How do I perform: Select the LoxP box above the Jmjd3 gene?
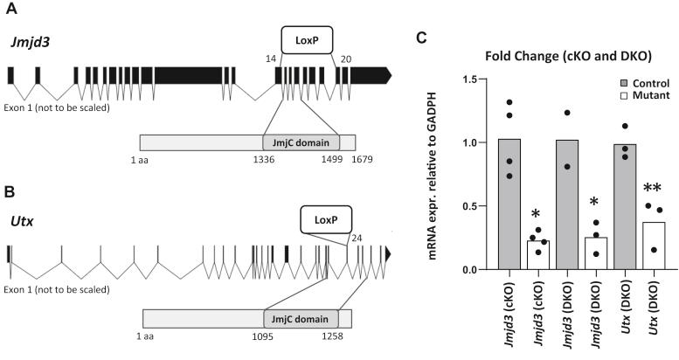(307, 38)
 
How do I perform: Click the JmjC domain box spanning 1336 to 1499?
(297, 142)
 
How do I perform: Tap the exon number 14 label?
(271, 57)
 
